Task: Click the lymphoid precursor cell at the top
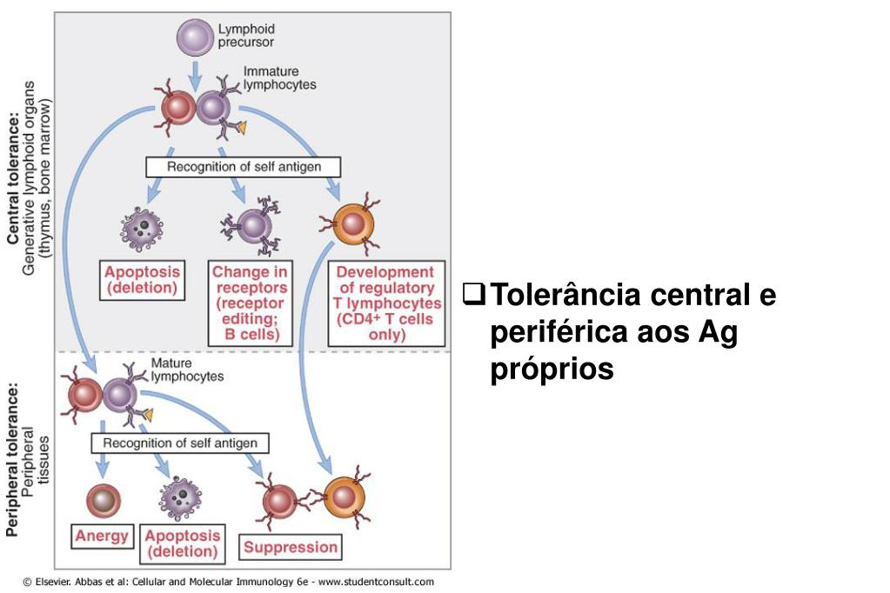pos(195,37)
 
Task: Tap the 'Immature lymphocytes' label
pos(279,78)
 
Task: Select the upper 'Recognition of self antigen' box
pos(244,167)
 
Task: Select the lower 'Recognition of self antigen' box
pos(180,443)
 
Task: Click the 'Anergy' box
pos(102,536)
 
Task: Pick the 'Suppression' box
pos(291,547)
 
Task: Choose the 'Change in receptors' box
pos(250,303)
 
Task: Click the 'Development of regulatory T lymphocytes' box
pos(386,303)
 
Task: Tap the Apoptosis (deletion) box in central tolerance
pos(143,280)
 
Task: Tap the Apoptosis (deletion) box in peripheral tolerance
pos(182,543)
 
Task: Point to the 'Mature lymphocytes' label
pos(187,370)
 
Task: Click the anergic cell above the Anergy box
pos(104,501)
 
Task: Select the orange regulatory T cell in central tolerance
pos(352,224)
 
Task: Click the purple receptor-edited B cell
pos(251,225)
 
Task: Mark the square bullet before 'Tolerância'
pos(473,294)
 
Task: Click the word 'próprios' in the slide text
pos(552,370)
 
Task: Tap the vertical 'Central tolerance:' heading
pos(13,178)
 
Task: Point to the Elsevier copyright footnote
pos(228,582)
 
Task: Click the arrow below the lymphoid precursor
pos(195,76)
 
